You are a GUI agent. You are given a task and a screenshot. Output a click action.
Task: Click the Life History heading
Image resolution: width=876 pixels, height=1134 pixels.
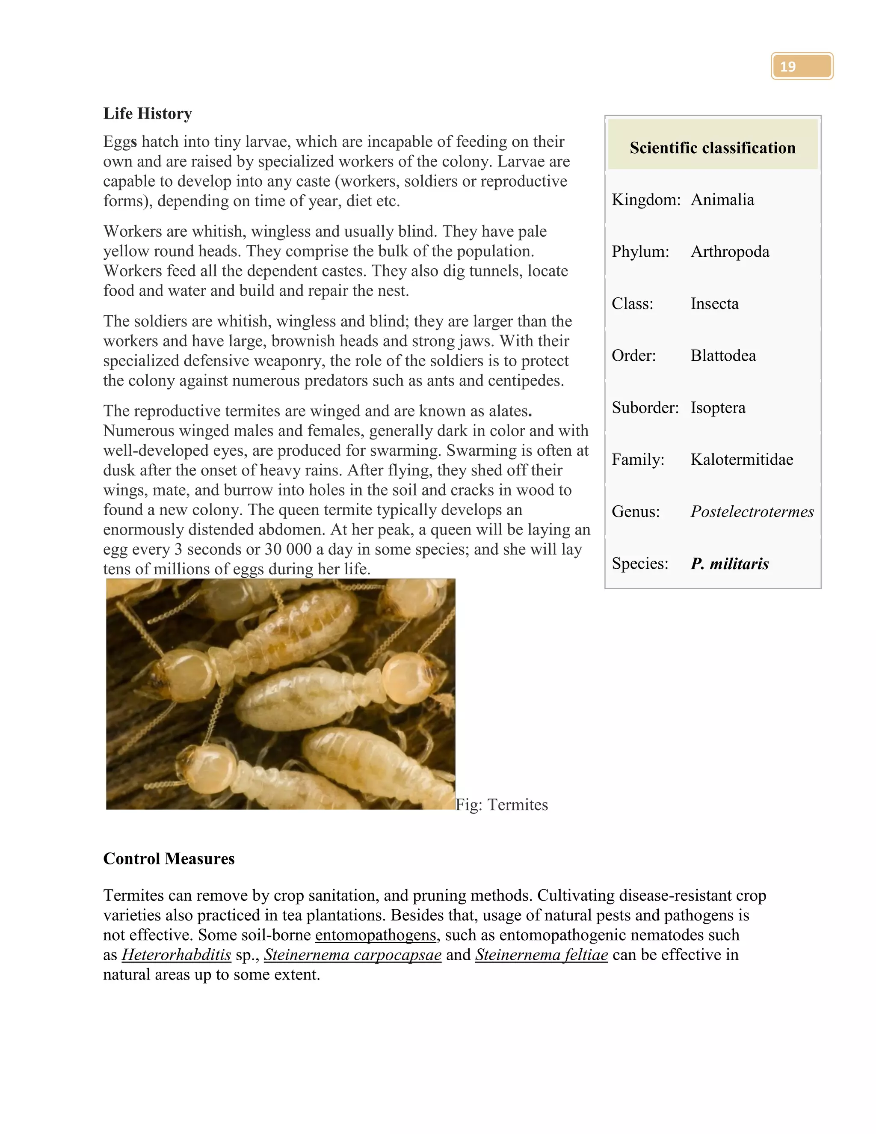pos(148,113)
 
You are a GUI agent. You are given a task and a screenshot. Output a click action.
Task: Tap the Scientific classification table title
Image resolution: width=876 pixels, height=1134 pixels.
pos(712,148)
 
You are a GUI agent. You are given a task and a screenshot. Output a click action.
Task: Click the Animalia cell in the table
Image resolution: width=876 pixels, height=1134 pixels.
pos(722,199)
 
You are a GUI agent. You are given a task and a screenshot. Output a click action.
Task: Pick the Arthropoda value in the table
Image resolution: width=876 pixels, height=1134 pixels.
pos(730,251)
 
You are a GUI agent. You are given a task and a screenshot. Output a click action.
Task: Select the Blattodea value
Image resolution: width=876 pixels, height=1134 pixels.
pos(723,355)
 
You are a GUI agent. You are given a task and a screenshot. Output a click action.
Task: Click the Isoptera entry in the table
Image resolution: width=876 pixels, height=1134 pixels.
pos(718,407)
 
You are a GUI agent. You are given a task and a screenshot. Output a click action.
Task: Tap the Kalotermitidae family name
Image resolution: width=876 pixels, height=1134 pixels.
pos(742,459)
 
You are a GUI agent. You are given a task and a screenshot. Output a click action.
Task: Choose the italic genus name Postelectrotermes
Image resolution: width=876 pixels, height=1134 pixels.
pos(752,511)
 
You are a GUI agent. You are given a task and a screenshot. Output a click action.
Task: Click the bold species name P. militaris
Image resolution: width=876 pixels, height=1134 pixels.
pos(729,564)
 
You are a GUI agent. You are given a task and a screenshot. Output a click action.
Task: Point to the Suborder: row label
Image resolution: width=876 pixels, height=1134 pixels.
pos(645,407)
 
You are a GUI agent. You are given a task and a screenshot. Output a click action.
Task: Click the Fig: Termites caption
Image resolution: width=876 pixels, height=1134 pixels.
pos(501,804)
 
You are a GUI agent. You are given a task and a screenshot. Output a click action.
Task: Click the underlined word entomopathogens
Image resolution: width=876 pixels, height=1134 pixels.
pos(375,935)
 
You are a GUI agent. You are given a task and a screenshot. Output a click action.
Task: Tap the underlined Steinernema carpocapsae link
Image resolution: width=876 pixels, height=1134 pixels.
pos(352,954)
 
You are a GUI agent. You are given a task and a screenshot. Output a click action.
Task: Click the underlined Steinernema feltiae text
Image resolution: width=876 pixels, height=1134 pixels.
pos(541,954)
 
